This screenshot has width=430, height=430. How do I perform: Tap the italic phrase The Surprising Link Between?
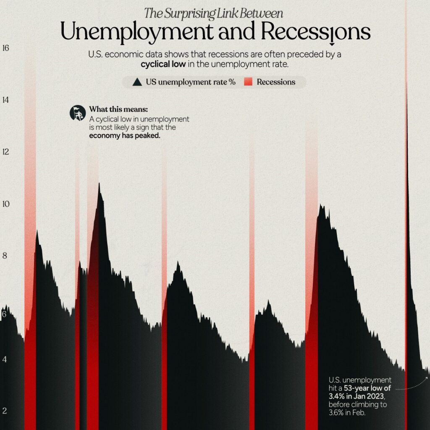point(213,13)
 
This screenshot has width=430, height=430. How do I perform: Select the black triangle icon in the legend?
point(137,82)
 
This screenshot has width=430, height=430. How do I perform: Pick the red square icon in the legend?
point(248,82)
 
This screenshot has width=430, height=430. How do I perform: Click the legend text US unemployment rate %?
point(191,82)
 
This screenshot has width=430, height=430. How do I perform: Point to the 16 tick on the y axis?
point(5,48)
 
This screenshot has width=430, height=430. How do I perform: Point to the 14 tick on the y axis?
point(5,100)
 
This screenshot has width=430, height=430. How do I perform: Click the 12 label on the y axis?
point(5,152)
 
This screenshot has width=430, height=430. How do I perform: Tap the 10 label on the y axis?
point(5,204)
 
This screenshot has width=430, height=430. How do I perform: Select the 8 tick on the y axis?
point(5,256)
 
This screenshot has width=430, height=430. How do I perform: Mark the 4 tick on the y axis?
point(5,359)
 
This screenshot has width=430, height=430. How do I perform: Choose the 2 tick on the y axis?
point(5,411)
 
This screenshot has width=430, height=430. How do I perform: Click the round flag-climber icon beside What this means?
point(78,113)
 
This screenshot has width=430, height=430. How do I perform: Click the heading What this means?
point(118,110)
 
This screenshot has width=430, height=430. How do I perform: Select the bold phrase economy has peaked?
point(125,136)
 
